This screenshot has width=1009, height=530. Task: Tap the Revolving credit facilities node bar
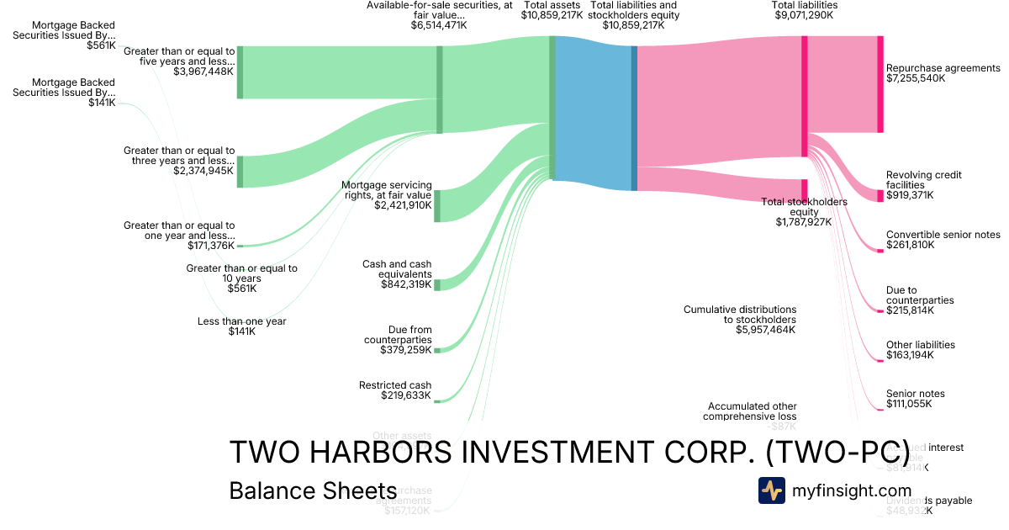pyautogui.click(x=880, y=195)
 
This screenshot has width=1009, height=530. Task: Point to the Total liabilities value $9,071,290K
pyautogui.click(x=805, y=14)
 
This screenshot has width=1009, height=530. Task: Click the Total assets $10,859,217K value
pyautogui.click(x=552, y=14)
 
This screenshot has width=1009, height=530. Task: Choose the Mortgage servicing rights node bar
pyautogui.click(x=436, y=206)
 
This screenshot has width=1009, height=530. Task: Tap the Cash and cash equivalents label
pyautogui.click(x=397, y=268)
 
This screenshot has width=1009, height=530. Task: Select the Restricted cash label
pyautogui.click(x=395, y=385)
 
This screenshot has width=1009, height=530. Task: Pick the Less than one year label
pyautogui.click(x=242, y=321)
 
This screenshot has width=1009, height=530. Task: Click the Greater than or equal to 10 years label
pyautogui.click(x=241, y=273)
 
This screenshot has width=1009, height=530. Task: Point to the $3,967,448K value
pyautogui.click(x=203, y=72)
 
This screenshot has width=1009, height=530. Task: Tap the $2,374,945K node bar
pyautogui.click(x=240, y=171)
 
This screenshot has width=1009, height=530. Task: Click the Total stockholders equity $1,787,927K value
pyautogui.click(x=804, y=222)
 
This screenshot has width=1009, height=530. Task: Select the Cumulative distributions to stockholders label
pyautogui.click(x=739, y=314)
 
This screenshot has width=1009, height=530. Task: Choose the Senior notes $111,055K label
pyautogui.click(x=915, y=393)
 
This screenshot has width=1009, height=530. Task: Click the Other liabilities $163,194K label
pyautogui.click(x=920, y=344)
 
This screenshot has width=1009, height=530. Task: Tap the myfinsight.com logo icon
pyautogui.click(x=771, y=490)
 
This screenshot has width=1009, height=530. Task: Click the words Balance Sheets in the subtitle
pyautogui.click(x=313, y=490)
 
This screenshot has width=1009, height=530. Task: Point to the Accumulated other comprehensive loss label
pyautogui.click(x=750, y=411)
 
